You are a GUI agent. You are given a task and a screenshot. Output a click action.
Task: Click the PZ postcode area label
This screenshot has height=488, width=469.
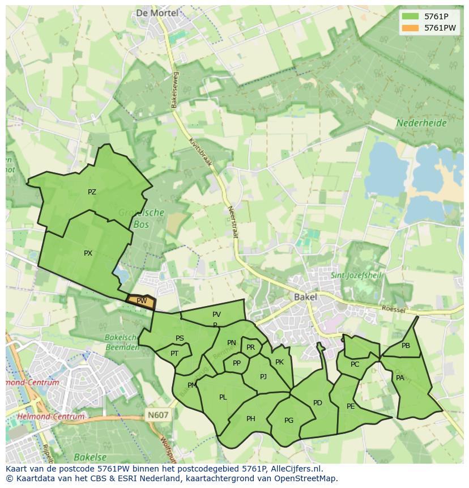pyautogui.click(x=92, y=192)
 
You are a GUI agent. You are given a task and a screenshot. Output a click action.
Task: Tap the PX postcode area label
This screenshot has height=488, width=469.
pyautogui.click(x=88, y=253)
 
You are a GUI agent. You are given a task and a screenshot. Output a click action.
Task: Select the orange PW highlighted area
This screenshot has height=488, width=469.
pyautogui.click(x=141, y=301)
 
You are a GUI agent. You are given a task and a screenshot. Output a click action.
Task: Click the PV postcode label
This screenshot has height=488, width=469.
pyautogui.click(x=216, y=315)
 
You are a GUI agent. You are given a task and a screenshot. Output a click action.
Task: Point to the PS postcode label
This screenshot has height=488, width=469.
pyautogui.click(x=180, y=338)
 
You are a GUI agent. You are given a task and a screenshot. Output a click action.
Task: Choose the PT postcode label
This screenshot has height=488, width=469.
pyautogui.click(x=174, y=354)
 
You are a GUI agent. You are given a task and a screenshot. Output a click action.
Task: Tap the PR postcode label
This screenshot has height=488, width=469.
pyautogui.click(x=250, y=347)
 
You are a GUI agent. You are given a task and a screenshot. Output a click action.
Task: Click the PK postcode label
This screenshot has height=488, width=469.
pyautogui.click(x=279, y=362)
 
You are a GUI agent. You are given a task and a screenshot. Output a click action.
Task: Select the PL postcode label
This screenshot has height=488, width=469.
pyautogui.click(x=223, y=397)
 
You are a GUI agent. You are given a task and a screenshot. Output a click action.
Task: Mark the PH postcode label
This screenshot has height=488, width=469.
pyautogui.click(x=251, y=419)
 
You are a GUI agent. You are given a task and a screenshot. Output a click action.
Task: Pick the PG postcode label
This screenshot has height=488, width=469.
pyautogui.click(x=289, y=420)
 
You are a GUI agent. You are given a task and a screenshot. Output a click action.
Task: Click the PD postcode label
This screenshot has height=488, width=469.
pyautogui.click(x=317, y=403)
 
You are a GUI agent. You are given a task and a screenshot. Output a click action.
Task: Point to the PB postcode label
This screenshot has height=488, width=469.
pyautogui.click(x=406, y=346)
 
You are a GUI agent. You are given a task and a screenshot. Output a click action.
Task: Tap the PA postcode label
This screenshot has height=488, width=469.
pyautogui.click(x=400, y=378)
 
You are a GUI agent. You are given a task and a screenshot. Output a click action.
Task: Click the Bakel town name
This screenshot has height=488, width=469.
pyautogui.click(x=305, y=296)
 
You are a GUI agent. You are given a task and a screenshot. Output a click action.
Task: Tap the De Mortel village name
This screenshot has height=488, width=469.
pyautogui.click(x=157, y=12)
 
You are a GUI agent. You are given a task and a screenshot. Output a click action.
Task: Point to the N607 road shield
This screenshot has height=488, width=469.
pyautogui.click(x=158, y=415)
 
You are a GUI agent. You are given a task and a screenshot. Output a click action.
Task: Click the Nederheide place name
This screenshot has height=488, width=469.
pyautogui.click(x=421, y=123)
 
